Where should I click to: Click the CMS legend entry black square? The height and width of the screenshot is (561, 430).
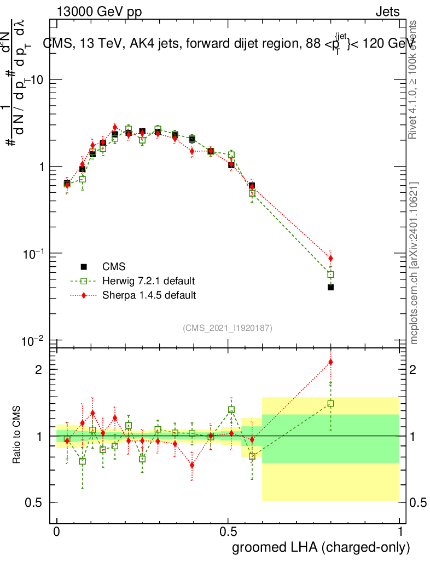tap(84, 267)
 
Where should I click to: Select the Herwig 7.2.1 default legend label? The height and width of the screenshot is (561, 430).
tap(148, 281)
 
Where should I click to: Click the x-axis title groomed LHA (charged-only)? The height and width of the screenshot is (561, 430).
tap(321, 547)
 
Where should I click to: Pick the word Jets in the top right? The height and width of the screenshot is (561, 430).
tap(387, 12)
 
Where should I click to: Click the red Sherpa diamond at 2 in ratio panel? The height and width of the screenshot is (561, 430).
tap(330, 362)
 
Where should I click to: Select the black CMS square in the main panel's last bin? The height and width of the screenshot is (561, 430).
tap(330, 287)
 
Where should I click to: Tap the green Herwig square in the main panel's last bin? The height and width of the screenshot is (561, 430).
tap(330, 274)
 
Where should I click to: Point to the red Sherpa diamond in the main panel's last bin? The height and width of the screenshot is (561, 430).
tap(330, 259)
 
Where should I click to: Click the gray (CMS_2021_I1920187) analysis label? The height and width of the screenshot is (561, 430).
tap(228, 328)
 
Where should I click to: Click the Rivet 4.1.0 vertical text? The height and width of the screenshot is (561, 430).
tap(414, 79)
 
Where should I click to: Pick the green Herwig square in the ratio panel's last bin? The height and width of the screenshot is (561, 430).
tap(330, 403)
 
